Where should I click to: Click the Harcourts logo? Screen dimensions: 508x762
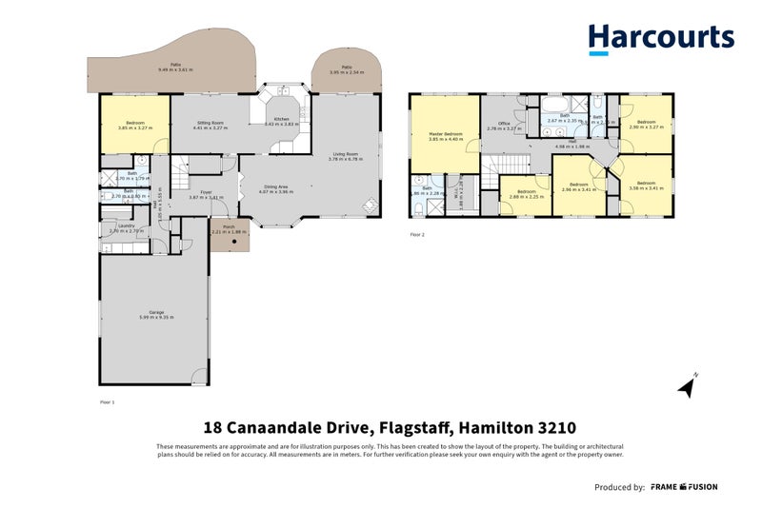click(660, 40)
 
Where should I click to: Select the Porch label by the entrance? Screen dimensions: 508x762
click(229, 226)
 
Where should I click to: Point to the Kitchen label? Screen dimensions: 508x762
click(282, 119)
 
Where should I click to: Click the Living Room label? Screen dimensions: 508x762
click(345, 154)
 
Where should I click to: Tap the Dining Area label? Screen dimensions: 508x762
click(276, 187)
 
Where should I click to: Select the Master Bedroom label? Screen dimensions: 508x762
click(446, 134)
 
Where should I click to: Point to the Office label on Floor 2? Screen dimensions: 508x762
click(505, 123)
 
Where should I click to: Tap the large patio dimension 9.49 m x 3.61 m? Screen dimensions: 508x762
click(175, 70)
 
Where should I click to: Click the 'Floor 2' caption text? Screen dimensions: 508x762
click(417, 233)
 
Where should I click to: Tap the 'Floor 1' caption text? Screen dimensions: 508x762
click(107, 402)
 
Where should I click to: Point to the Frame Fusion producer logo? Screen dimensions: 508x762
click(684, 487)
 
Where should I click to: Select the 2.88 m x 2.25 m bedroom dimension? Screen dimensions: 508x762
click(527, 197)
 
